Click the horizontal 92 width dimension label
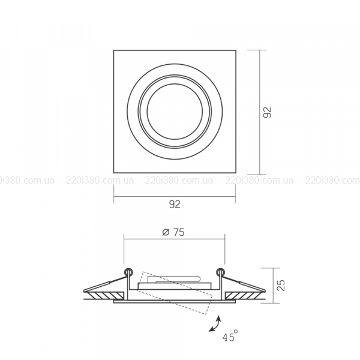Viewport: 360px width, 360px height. [x=175, y=204]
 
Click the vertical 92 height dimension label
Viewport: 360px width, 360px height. [x=267, y=112]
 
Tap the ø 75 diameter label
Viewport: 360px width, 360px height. [x=173, y=232]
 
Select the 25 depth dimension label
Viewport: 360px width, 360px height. [x=281, y=286]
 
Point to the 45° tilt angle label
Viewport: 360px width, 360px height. [x=230, y=335]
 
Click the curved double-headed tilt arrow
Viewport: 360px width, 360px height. [x=215, y=324]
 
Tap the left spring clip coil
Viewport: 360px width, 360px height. [x=128, y=272]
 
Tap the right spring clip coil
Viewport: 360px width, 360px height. [x=221, y=272]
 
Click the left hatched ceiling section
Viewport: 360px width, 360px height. [x=106, y=296]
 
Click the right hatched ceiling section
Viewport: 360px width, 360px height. [x=244, y=296]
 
